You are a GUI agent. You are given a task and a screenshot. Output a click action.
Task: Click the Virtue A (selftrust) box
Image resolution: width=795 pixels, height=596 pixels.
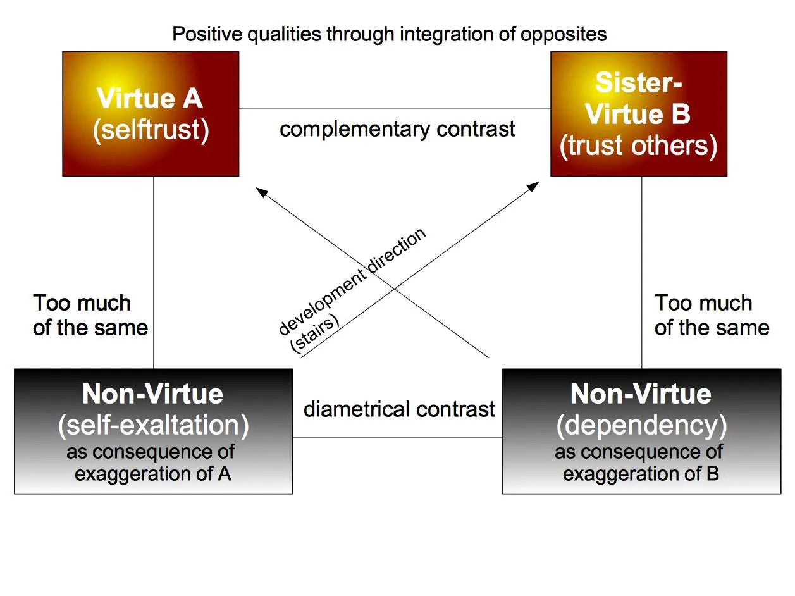[151, 114]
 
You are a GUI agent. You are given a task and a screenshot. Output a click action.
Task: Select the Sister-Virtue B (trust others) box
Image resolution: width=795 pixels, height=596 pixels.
[639, 114]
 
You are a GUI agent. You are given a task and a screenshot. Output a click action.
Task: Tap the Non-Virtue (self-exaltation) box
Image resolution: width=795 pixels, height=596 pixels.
[154, 431]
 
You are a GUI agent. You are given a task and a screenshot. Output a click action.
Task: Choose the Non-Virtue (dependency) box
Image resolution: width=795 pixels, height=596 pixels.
[642, 431]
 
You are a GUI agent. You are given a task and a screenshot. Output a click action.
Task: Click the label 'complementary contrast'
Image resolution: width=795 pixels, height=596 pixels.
[397, 130]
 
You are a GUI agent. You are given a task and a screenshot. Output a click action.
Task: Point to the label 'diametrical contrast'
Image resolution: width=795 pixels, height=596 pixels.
[399, 409]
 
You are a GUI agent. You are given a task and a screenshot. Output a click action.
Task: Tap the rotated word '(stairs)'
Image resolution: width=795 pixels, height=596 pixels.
[315, 333]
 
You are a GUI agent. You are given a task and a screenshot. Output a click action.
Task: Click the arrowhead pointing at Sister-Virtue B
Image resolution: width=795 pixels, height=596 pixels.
[534, 186]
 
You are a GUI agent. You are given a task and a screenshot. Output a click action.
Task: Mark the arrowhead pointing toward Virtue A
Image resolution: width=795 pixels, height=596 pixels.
[261, 192]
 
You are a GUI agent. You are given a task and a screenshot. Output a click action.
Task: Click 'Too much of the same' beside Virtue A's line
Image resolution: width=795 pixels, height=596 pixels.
[90, 315]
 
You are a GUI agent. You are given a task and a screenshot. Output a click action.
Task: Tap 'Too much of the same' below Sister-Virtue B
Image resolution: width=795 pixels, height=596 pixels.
[712, 315]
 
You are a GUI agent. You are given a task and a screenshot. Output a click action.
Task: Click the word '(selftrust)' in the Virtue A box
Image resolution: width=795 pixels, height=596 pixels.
[151, 130]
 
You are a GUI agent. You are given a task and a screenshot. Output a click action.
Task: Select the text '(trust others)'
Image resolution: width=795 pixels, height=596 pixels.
[639, 146]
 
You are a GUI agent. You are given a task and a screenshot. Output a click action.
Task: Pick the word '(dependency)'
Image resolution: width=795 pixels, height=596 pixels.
[641, 426]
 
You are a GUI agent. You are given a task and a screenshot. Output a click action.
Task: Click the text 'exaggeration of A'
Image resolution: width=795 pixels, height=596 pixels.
[153, 473]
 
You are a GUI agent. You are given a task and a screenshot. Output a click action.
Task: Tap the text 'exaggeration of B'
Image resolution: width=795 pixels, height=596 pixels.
[641, 473]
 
